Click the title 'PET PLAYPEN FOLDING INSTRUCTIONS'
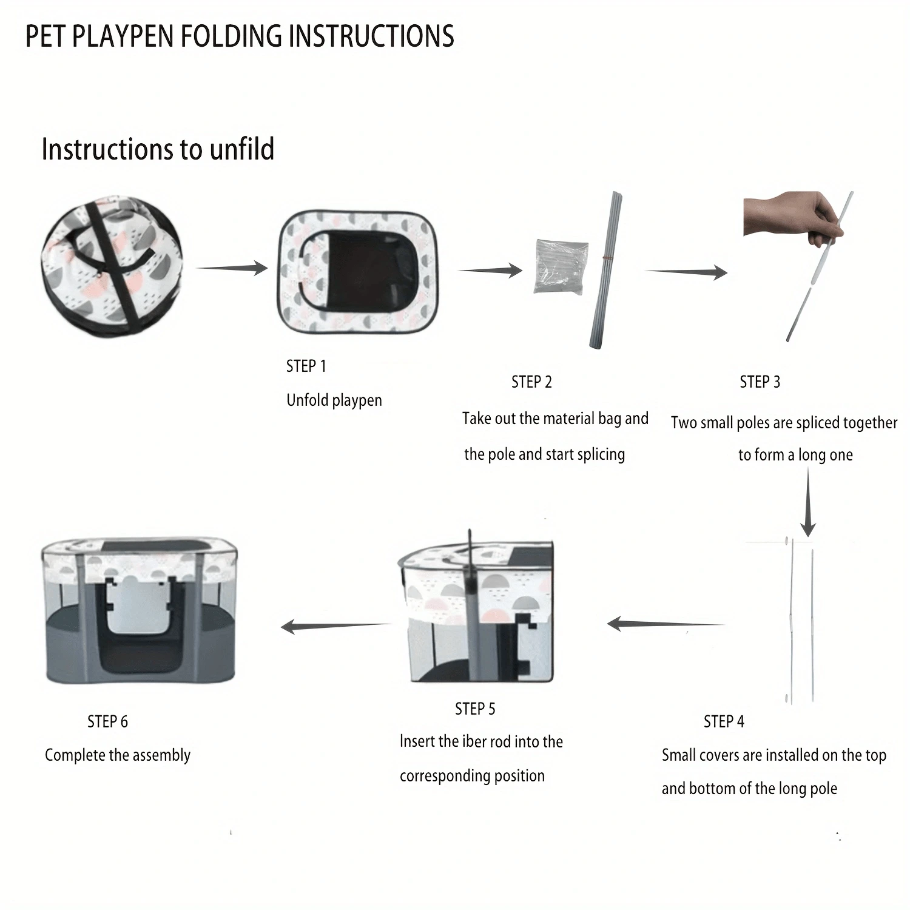coord(240,36)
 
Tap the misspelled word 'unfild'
coord(241,149)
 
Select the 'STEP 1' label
coord(306,366)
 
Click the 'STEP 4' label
coord(724,721)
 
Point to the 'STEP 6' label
coord(107,721)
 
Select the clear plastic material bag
coord(561,267)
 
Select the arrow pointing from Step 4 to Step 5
coord(666,623)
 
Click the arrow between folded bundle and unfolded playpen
coord(232,268)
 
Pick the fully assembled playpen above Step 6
coord(140,610)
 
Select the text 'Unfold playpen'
coord(334,400)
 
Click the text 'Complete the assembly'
coord(118,755)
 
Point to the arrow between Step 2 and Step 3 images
coord(686,271)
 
